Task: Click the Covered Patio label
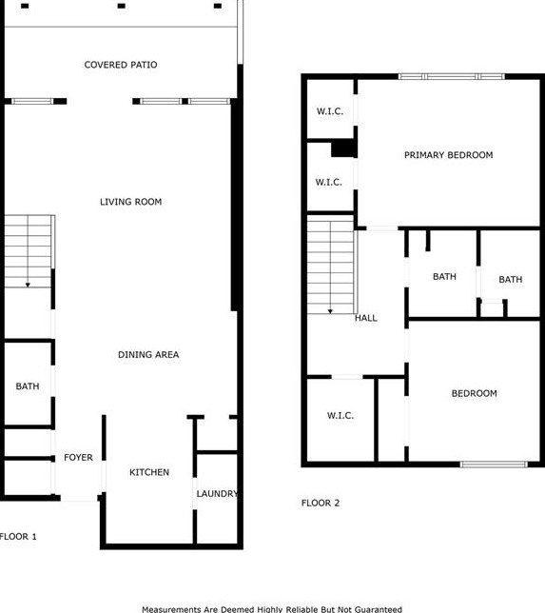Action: click(121, 65)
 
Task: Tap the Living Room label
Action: click(131, 202)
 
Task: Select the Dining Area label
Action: click(148, 355)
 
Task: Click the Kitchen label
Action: click(149, 472)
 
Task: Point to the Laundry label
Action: click(217, 494)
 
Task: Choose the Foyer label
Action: click(78, 458)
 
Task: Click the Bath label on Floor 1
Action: click(27, 386)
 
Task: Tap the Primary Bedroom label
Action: click(448, 155)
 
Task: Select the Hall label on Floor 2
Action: click(366, 318)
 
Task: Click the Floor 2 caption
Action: click(321, 503)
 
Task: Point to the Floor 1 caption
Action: click(18, 537)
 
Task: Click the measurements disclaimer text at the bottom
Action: click(272, 609)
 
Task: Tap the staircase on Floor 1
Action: click(28, 251)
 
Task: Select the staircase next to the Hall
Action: click(331, 267)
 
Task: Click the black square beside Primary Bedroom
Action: click(342, 148)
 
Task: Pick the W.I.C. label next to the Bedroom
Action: click(341, 416)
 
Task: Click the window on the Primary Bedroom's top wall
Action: click(451, 76)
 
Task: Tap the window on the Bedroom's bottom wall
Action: click(494, 465)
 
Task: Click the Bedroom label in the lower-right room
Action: click(474, 393)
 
